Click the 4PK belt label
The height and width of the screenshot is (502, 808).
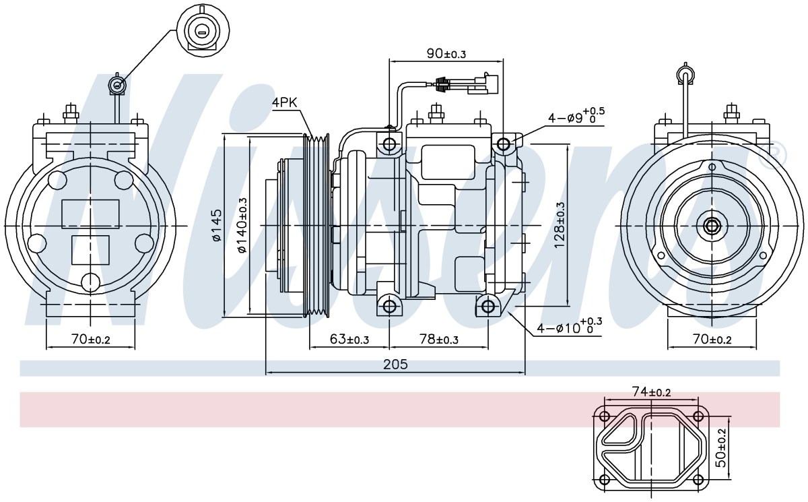point(284,103)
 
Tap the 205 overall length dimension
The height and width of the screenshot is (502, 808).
point(395,365)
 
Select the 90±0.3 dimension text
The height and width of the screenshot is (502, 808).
point(446,53)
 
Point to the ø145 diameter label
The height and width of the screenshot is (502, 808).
point(217,225)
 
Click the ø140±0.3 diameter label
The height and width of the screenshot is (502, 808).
point(242,225)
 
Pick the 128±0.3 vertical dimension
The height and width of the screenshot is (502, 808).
point(560,225)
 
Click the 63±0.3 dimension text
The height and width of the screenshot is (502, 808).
point(349,339)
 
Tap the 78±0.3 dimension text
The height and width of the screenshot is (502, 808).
point(438,339)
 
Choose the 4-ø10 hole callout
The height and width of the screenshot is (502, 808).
point(569,327)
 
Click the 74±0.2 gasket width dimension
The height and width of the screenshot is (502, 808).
point(652,391)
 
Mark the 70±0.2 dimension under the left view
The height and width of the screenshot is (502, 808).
point(90,339)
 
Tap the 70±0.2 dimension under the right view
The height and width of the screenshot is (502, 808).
point(712,339)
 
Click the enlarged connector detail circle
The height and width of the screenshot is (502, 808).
point(203,31)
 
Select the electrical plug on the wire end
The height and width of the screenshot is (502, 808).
point(483,84)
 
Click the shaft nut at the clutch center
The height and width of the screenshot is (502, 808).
point(711,226)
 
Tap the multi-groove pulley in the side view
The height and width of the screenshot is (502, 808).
point(316,226)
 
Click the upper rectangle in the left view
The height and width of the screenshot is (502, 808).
point(90,214)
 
